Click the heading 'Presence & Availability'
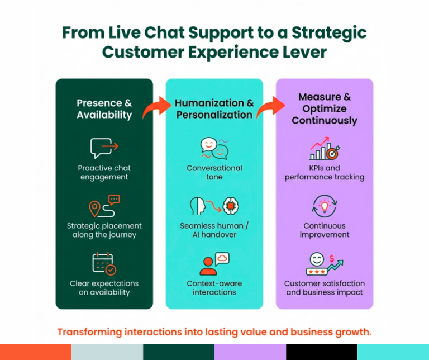pyautogui.click(x=104, y=109)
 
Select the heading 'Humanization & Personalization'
pyautogui.click(x=214, y=109)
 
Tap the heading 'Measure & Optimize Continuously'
pyautogui.click(x=324, y=108)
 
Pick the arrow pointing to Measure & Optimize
pyautogui.click(x=266, y=107)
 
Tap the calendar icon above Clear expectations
pyautogui.click(x=104, y=263)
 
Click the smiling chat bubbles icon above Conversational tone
pyautogui.click(x=214, y=149)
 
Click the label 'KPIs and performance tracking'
pyautogui.click(x=324, y=173)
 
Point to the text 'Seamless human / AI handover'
pyautogui.click(x=214, y=230)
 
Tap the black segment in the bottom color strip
pyautogui.click(x=321, y=352)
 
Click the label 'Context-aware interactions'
pyautogui.click(x=214, y=288)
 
